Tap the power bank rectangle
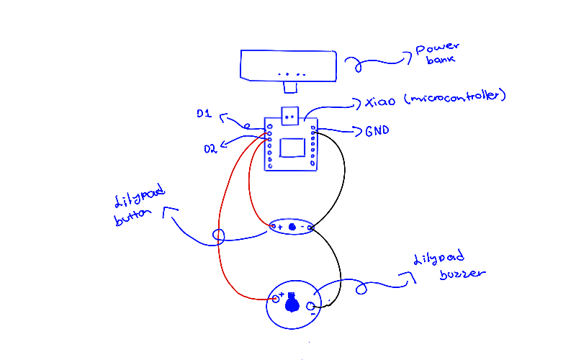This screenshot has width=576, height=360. click(x=289, y=65)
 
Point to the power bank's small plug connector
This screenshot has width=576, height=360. click(x=290, y=88)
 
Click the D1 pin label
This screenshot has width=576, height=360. click(x=203, y=114)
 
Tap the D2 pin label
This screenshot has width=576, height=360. click(x=210, y=149)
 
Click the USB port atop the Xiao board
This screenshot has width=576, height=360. click(x=290, y=116)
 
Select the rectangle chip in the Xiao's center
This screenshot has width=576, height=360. click(x=292, y=146)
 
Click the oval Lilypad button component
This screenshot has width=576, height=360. click(x=292, y=227)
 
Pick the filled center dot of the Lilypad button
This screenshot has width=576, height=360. click(x=292, y=228)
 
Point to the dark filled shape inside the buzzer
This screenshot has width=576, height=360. click(x=292, y=305)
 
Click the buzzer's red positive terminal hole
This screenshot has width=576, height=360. click(x=274, y=298)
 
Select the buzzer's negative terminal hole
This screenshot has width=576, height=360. click(x=312, y=307)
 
